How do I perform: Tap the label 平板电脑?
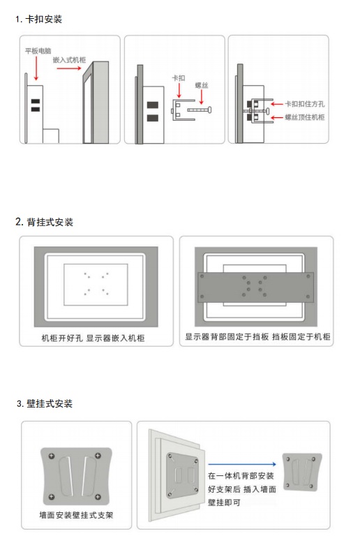click(38, 51)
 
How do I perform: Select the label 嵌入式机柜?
click(69, 60)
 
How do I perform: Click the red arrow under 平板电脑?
click(36, 68)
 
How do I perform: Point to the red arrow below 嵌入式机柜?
click(69, 68)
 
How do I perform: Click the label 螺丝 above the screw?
click(202, 85)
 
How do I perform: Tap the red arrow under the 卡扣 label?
click(179, 90)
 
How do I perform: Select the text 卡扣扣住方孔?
click(305, 104)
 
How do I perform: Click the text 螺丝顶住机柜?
click(305, 117)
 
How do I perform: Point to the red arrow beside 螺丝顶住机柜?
click(277, 117)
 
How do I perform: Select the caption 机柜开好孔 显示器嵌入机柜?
click(93, 338)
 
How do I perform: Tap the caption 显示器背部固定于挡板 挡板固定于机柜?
click(257, 336)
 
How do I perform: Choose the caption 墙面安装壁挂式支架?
click(76, 515)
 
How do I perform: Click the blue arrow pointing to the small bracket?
click(242, 464)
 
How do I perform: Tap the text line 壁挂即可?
click(224, 502)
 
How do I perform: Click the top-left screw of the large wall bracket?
click(52, 456)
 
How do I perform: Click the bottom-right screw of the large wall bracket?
click(98, 497)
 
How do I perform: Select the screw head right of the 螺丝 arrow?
click(210, 110)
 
